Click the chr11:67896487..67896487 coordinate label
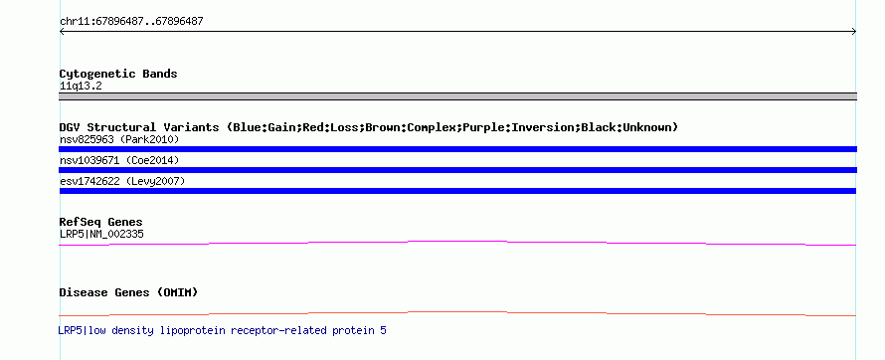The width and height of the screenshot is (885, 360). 131,22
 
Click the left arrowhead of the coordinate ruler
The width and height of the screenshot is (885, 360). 62,32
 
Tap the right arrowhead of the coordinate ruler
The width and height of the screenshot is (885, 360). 854,32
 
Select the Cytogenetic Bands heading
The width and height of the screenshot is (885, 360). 118,74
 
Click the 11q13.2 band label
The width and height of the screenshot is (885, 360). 81,87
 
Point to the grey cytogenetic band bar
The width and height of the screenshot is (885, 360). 457,96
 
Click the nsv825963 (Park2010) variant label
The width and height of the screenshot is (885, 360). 119,139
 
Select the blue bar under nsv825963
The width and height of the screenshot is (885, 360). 457,149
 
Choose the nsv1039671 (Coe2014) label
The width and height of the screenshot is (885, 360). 119,161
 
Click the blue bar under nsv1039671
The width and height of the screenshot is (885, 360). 457,170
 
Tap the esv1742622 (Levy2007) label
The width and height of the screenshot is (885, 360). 122,181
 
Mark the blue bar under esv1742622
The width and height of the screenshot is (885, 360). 457,191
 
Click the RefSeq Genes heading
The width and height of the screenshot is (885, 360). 101,222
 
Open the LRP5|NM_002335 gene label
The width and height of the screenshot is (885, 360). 101,234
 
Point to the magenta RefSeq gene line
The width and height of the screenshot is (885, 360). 457,242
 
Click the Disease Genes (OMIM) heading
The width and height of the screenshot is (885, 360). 128,292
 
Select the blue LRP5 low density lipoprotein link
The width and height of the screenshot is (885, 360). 223,330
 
